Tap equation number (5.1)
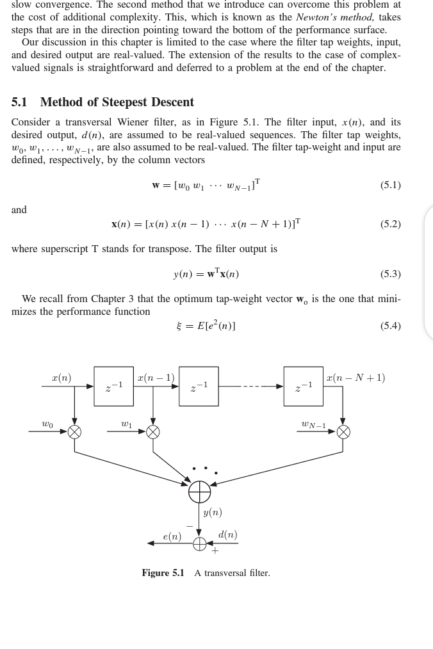click(x=390, y=185)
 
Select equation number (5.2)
click(x=390, y=224)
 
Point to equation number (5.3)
click(x=390, y=274)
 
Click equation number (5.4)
click(x=390, y=325)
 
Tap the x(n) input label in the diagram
click(x=61, y=378)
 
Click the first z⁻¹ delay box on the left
click(x=113, y=387)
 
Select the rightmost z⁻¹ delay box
click(x=304, y=387)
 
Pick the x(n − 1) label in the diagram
click(x=156, y=378)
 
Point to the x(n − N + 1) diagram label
click(x=355, y=378)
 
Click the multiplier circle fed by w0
click(x=75, y=431)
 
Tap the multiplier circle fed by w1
click(x=152, y=431)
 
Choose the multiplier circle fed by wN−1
click(x=343, y=431)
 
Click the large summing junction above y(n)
click(x=199, y=492)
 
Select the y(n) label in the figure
click(x=212, y=513)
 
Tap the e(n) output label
click(x=172, y=536)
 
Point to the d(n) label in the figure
click(x=227, y=534)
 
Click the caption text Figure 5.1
click(x=163, y=573)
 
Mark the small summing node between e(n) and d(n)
click(x=199, y=543)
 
